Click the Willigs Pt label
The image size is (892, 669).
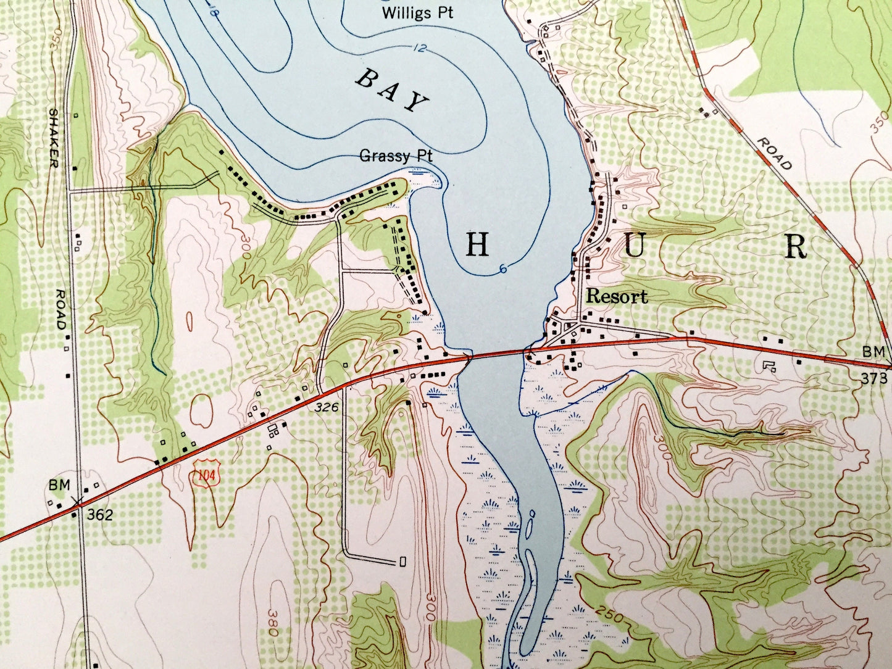tap(417, 12)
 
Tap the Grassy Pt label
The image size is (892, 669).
tap(396, 156)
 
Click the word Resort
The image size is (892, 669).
tap(617, 297)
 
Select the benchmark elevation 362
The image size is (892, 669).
tap(99, 515)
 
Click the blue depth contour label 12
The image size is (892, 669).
tap(419, 48)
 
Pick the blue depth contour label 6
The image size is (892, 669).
tap(504, 268)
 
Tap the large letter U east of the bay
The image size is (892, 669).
tap(635, 247)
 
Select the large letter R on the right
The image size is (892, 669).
tap(796, 247)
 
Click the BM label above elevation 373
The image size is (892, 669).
tap(873, 352)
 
